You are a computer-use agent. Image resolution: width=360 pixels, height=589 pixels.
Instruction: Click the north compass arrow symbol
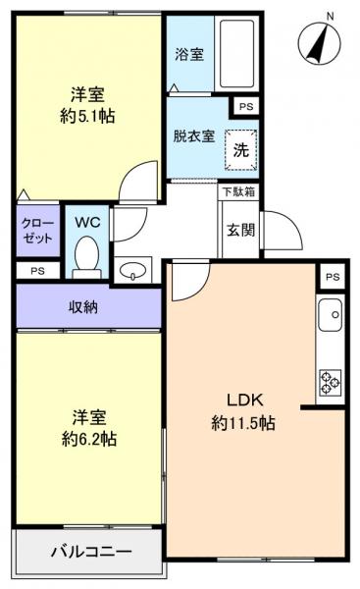coord(319,43)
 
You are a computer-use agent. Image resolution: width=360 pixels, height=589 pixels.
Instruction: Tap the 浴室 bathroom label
coord(190,55)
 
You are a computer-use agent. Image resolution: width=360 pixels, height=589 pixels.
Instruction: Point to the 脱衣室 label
coord(196,136)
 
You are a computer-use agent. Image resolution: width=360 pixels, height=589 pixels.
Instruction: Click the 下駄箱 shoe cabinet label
coord(239,191)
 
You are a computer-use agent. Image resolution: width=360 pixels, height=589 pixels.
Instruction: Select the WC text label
coord(88,222)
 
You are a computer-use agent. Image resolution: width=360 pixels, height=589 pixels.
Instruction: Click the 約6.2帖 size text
coord(86,439)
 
